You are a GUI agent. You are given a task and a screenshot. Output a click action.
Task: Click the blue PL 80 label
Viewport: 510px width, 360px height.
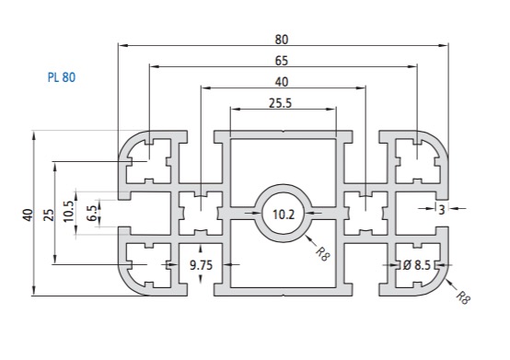(61, 77)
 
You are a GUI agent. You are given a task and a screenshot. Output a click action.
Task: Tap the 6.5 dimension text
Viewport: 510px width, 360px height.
(90, 214)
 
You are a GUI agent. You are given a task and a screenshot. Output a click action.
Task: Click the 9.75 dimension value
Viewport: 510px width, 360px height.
(203, 265)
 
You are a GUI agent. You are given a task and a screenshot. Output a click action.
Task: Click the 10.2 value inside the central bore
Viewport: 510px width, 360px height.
(283, 214)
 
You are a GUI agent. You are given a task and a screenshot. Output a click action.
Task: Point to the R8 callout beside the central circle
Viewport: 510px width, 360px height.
(320, 251)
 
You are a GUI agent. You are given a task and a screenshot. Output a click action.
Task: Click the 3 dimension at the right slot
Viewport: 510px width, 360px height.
(442, 211)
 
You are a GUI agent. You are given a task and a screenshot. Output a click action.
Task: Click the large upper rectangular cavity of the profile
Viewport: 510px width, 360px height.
(283, 163)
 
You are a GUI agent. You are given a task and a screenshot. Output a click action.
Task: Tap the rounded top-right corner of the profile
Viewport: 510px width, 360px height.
(437, 144)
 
